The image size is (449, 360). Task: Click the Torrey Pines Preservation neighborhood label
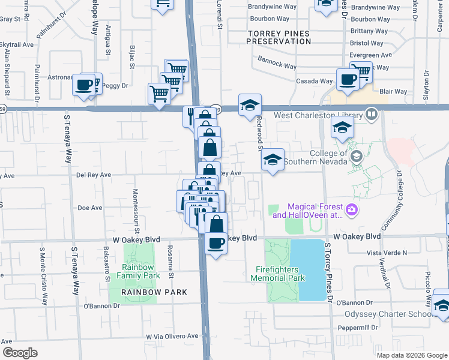click(x=279, y=37)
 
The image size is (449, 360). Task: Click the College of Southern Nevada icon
click(x=357, y=157)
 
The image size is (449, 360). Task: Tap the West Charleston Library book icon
click(x=372, y=113)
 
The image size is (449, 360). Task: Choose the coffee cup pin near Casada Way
click(x=347, y=80)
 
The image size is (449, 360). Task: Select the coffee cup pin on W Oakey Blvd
click(x=216, y=243)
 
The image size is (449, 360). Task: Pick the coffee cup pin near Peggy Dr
click(x=83, y=84)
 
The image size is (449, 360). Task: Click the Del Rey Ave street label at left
click(x=94, y=175)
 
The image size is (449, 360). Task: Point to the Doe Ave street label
click(x=90, y=208)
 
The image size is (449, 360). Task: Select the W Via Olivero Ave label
click(x=172, y=337)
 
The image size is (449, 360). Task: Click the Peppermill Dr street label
click(x=357, y=328)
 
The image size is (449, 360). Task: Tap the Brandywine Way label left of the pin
click(x=273, y=8)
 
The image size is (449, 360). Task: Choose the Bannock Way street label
click(x=277, y=63)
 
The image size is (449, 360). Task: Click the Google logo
click(x=20, y=352)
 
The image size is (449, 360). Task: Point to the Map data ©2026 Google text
click(x=411, y=355)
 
